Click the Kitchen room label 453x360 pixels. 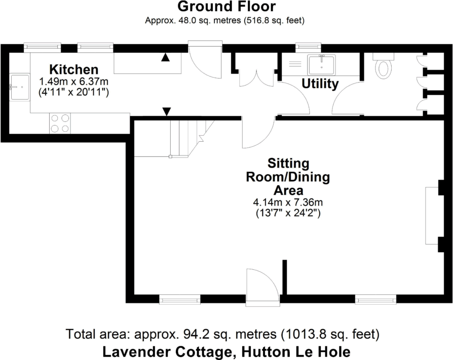73,69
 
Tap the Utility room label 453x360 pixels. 320,84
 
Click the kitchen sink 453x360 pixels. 19,87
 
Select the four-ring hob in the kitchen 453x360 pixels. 60,123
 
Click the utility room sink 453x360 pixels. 321,64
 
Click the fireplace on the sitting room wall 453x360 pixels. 432,215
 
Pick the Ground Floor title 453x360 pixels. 226,7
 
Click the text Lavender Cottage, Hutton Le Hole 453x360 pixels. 226,351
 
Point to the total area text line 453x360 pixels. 222,334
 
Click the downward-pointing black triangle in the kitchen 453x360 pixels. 166,111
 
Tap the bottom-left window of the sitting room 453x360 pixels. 180,300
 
